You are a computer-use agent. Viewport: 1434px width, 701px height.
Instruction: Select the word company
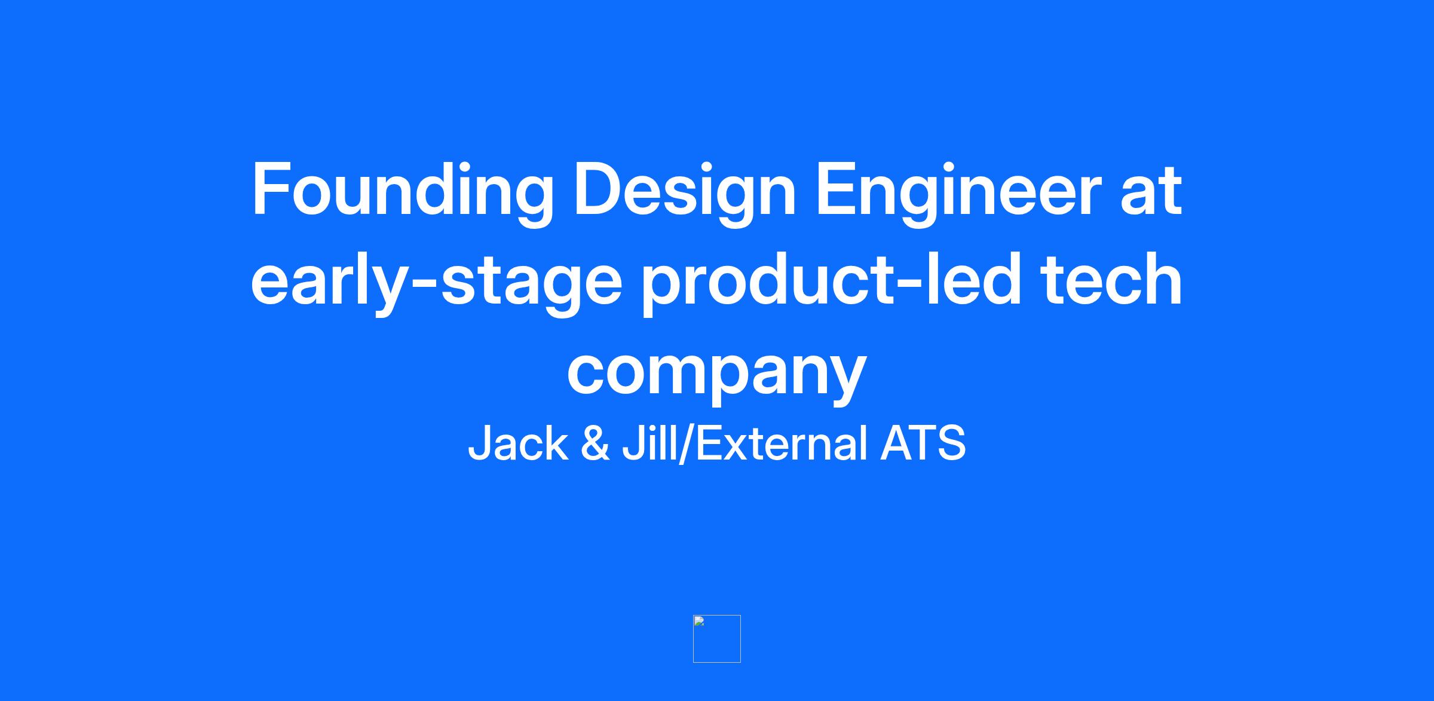[x=716, y=371]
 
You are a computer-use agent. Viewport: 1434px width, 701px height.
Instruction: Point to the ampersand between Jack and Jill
[x=595, y=443]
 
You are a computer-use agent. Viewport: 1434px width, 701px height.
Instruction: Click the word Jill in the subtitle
[x=651, y=443]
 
